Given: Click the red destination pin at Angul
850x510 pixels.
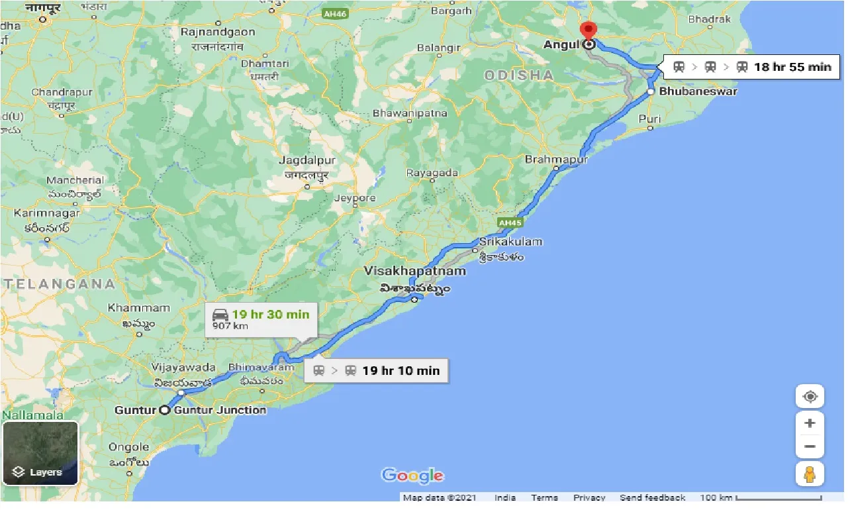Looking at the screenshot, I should [x=588, y=31].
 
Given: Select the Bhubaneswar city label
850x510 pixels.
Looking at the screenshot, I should [x=698, y=91].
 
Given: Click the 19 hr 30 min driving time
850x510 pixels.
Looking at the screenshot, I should [x=270, y=314].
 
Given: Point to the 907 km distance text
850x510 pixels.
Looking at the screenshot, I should [x=230, y=327].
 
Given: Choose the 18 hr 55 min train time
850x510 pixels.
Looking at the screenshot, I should [x=792, y=66].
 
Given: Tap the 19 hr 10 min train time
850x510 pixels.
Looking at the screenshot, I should [x=401, y=370].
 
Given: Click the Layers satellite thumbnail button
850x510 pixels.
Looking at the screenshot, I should [x=40, y=453].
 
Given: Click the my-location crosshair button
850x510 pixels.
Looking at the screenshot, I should [x=810, y=397].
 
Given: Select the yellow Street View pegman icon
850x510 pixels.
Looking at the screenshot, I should [x=810, y=474].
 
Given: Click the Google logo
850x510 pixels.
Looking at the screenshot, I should [x=412, y=475].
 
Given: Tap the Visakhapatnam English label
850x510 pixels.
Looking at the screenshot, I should [x=415, y=271].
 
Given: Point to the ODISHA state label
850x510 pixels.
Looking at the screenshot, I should [x=519, y=75].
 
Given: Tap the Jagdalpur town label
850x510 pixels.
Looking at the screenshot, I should [x=307, y=160].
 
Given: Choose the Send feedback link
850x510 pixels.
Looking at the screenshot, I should [x=652, y=497].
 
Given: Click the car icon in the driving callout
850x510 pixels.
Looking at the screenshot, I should [x=220, y=314].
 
